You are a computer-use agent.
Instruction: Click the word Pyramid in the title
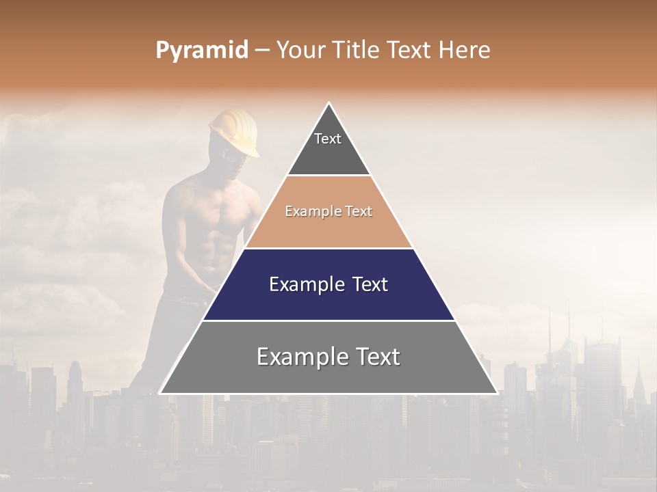point(201,51)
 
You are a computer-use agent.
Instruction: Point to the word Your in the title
point(302,51)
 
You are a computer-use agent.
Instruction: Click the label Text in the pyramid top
point(328,139)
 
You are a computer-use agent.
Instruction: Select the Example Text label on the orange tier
point(328,212)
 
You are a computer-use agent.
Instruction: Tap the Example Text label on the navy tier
point(328,284)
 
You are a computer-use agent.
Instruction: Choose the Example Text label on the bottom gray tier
point(328,357)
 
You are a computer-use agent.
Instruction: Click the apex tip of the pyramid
point(328,104)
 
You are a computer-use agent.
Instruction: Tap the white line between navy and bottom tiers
point(328,320)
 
